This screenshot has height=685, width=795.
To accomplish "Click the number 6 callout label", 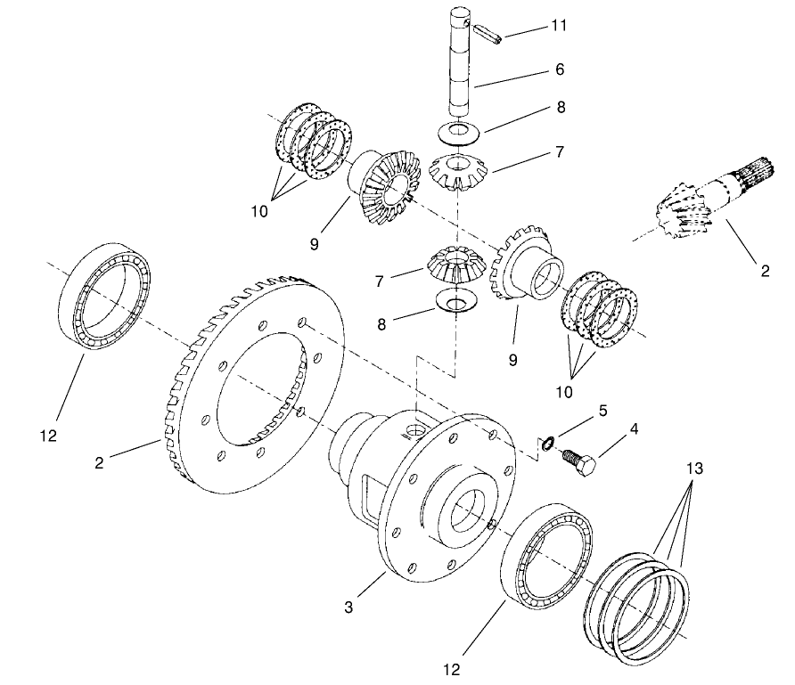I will coord(558,69).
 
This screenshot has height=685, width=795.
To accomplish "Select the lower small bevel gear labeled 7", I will coord(456,263).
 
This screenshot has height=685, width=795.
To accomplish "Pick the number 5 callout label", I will coord(603,411).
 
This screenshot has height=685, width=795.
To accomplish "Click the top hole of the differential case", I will coord(415,432).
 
